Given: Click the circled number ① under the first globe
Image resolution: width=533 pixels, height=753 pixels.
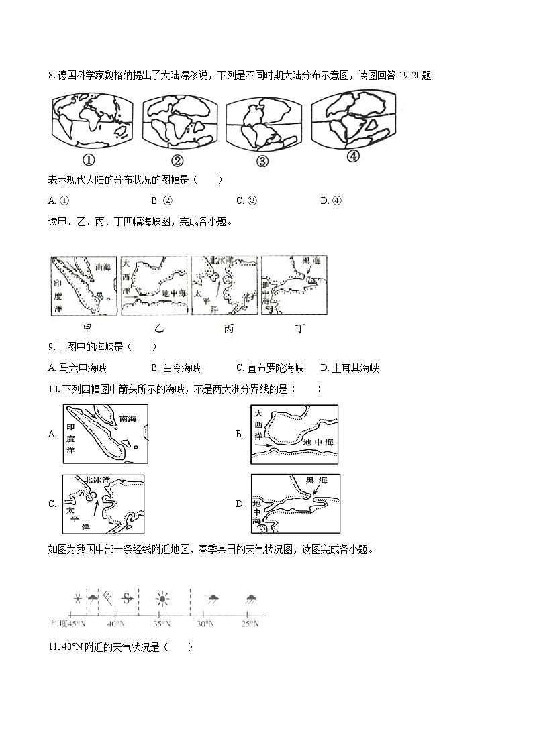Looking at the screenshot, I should [87, 160].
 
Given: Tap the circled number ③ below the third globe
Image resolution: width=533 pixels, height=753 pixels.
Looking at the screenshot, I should [262, 161].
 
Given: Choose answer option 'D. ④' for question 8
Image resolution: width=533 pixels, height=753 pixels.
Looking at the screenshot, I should [331, 200].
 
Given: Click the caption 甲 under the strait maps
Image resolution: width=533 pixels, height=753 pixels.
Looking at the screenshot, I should [87, 328].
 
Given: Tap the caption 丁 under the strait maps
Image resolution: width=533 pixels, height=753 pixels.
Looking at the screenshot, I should [300, 328].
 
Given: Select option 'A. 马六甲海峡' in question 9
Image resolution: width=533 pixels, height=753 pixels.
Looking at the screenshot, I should [78, 368].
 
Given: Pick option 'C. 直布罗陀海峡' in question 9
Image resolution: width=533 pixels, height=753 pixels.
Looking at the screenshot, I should [270, 368].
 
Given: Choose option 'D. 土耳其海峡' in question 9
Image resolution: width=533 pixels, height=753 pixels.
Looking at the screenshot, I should [350, 368].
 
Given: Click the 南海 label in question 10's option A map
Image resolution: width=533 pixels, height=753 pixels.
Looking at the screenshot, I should [127, 419].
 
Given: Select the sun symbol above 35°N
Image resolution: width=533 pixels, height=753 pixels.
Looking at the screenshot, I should [162, 599].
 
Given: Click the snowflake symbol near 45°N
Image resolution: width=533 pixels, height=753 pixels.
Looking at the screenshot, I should [78, 598].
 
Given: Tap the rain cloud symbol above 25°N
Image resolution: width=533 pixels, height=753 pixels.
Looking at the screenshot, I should [251, 599].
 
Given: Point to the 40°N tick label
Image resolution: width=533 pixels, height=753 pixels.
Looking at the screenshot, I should [116, 624].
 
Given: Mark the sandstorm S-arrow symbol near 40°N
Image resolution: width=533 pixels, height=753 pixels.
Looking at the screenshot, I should [127, 598].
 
